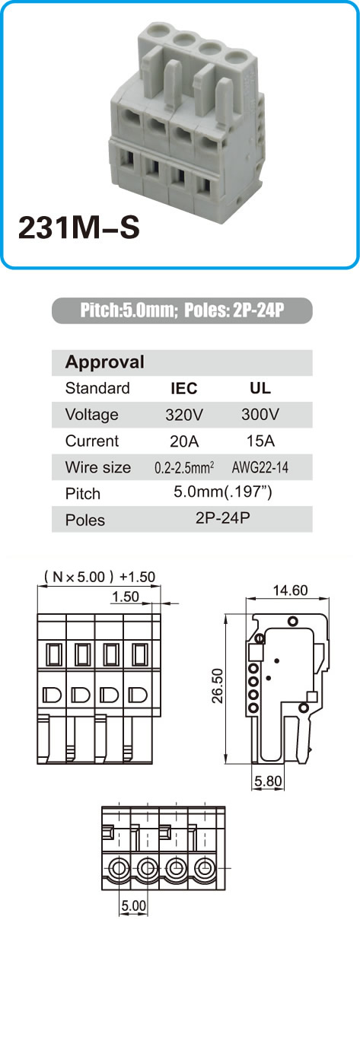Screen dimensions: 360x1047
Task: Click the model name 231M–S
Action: point(79,228)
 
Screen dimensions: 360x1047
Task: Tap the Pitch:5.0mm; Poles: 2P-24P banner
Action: point(182,310)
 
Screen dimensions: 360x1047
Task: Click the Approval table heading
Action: point(105,362)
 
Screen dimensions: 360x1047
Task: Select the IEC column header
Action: point(183,388)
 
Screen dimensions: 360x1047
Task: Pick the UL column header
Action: point(260,388)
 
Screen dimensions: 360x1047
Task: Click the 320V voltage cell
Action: point(184,415)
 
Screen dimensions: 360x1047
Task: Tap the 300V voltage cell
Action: point(260,414)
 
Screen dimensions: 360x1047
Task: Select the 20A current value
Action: point(184,441)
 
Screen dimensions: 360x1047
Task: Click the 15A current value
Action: point(260,441)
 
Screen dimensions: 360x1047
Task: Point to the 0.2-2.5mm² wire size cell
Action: point(184,467)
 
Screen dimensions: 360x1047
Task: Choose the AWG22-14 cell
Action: point(260,467)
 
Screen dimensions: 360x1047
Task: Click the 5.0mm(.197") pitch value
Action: point(222,492)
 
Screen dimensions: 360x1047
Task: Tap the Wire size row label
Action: point(97,467)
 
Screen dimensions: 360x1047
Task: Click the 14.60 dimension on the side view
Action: point(290,590)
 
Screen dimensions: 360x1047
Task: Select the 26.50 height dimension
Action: point(218,686)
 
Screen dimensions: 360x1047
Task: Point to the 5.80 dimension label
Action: point(268,781)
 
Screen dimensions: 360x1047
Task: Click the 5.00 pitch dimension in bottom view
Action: point(134,905)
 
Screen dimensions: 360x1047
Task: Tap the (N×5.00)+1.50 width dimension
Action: point(100,577)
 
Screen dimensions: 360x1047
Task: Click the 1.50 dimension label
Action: point(126,597)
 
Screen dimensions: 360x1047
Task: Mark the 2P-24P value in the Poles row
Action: point(222,518)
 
